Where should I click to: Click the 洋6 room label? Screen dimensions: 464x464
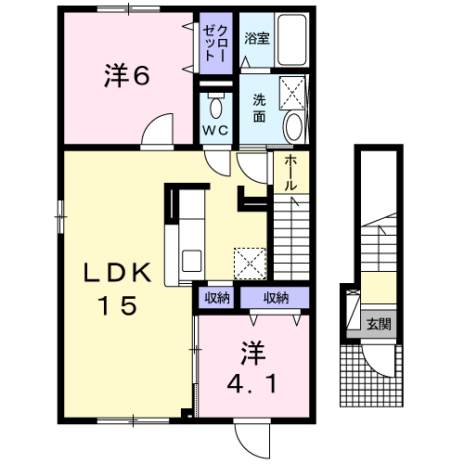[127, 75]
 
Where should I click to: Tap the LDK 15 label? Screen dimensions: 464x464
[118, 289]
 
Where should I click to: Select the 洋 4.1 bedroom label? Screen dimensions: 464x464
[252, 367]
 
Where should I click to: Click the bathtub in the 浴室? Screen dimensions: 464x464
[292, 40]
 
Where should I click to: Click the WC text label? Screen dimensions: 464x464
[215, 131]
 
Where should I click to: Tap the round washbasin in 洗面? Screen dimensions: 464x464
[293, 127]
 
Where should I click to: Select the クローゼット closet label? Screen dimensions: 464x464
[215, 43]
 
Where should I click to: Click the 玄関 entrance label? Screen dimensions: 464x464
[379, 324]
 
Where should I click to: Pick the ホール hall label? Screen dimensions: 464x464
[290, 173]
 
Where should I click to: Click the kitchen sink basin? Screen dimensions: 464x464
[192, 261]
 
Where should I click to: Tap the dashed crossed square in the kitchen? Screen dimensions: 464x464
[250, 264]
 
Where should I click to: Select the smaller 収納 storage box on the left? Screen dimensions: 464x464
[216, 298]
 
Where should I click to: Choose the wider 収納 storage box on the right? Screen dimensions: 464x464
[275, 298]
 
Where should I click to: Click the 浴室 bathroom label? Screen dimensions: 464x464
[257, 39]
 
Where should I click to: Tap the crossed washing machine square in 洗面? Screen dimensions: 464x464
[292, 93]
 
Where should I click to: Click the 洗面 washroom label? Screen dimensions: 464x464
[259, 109]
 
